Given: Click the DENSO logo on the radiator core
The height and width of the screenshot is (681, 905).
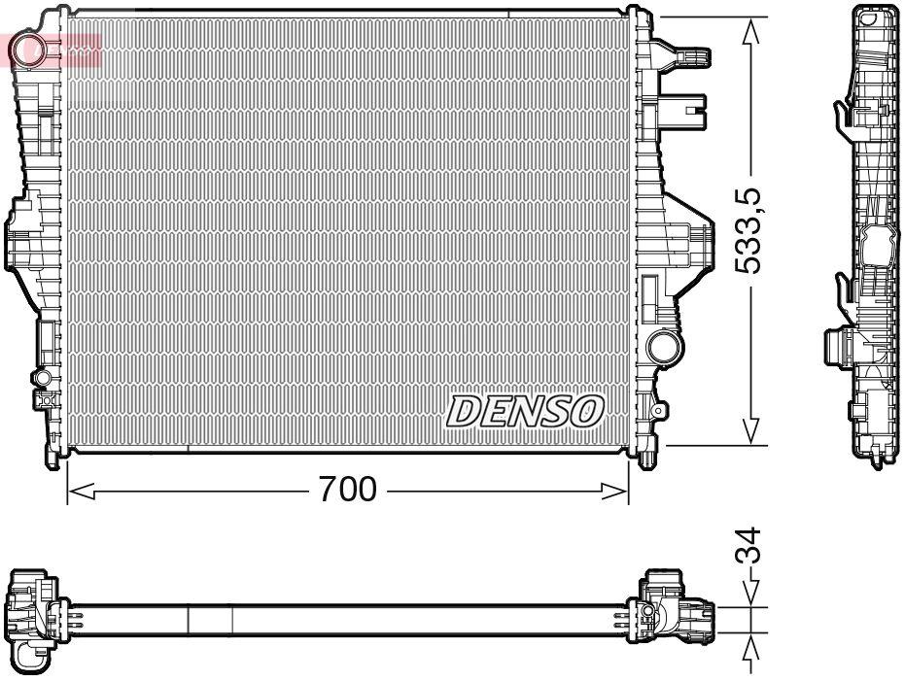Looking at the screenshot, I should [525, 411].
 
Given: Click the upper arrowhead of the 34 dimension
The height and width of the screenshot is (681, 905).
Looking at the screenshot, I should [751, 595].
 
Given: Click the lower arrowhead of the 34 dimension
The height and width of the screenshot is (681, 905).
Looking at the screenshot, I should [751, 649].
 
